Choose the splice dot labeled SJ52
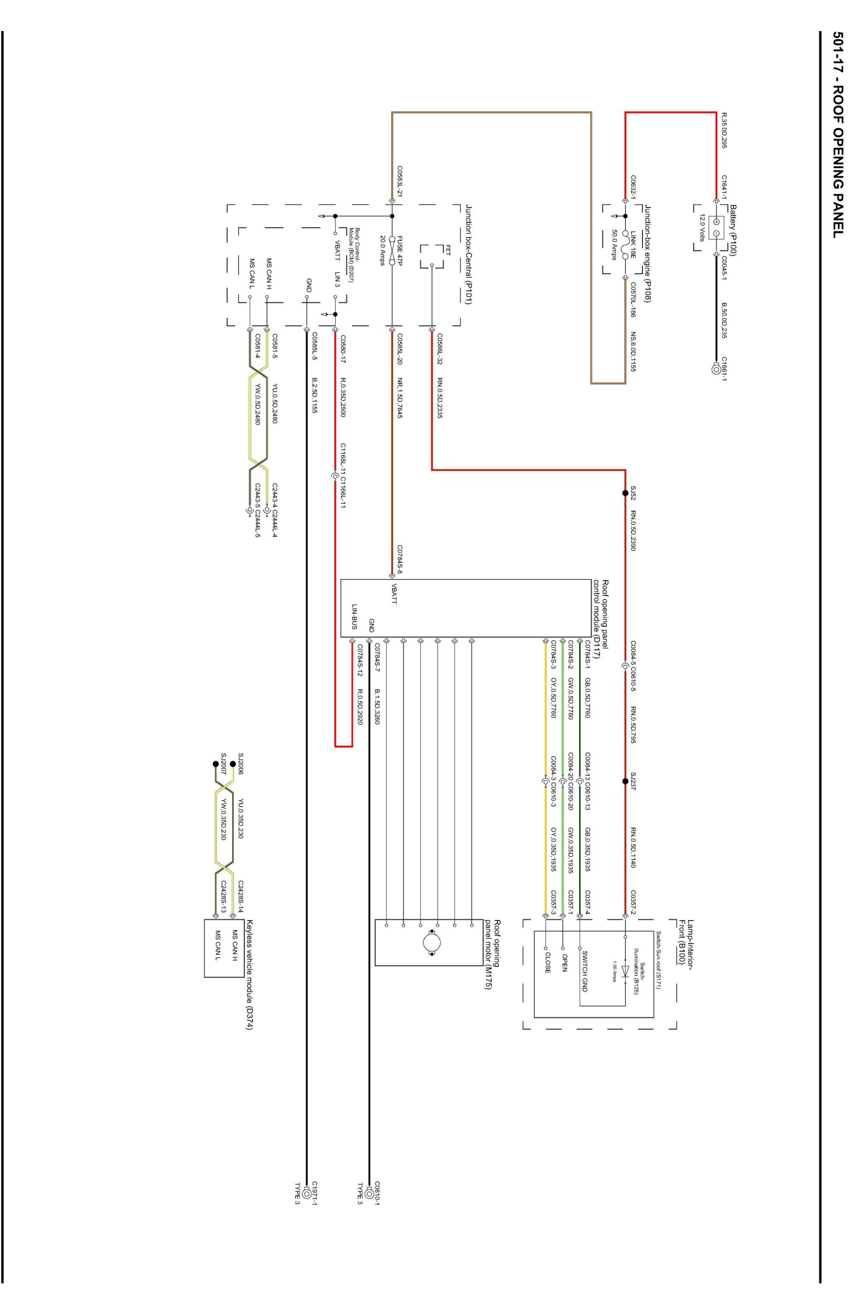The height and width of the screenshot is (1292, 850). (x=625, y=493)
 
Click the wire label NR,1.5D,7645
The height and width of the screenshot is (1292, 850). (x=400, y=390)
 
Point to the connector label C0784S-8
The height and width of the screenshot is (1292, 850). (x=400, y=559)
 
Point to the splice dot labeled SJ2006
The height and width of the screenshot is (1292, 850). (x=233, y=763)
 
